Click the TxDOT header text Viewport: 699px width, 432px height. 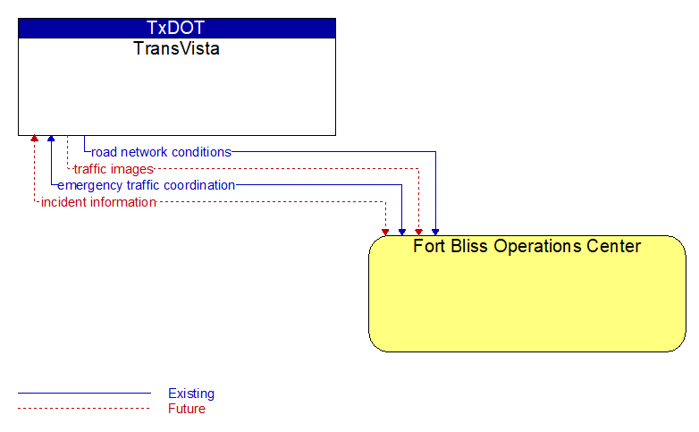pyautogui.click(x=175, y=28)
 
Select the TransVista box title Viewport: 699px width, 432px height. pyautogui.click(x=176, y=48)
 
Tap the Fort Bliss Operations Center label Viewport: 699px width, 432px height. pyautogui.click(x=526, y=246)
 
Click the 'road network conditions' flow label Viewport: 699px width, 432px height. pyautogui.click(x=162, y=152)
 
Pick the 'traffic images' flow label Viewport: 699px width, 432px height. pyautogui.click(x=114, y=169)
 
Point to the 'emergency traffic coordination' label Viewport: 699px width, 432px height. pyautogui.click(x=147, y=185)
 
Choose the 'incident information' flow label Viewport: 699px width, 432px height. pyautogui.click(x=98, y=202)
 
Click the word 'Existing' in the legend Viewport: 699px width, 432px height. pyautogui.click(x=191, y=394)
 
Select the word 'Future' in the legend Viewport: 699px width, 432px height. pyautogui.click(x=187, y=409)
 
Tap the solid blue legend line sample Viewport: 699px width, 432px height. pyautogui.click(x=84, y=394)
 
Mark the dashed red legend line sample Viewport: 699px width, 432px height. pyautogui.click(x=84, y=409)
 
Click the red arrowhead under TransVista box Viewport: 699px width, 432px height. pyautogui.click(x=34, y=139)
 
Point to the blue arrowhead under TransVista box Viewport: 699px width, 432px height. pyautogui.click(x=51, y=139)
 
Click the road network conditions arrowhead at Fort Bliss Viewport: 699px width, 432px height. pyautogui.click(x=435, y=232)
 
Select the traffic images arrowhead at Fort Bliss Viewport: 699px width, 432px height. pyautogui.click(x=418, y=232)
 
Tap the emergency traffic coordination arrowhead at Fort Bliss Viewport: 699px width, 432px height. pyautogui.click(x=402, y=232)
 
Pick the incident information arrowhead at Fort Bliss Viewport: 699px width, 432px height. pyautogui.click(x=385, y=232)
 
